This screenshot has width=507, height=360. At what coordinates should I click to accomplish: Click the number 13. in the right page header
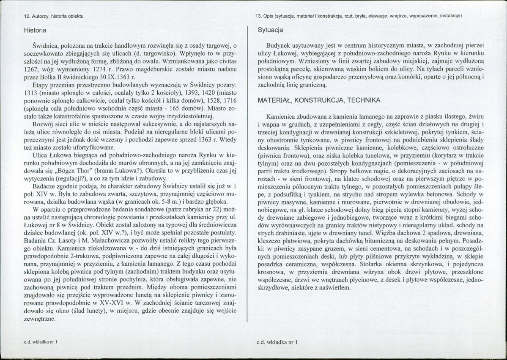click(259, 16)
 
